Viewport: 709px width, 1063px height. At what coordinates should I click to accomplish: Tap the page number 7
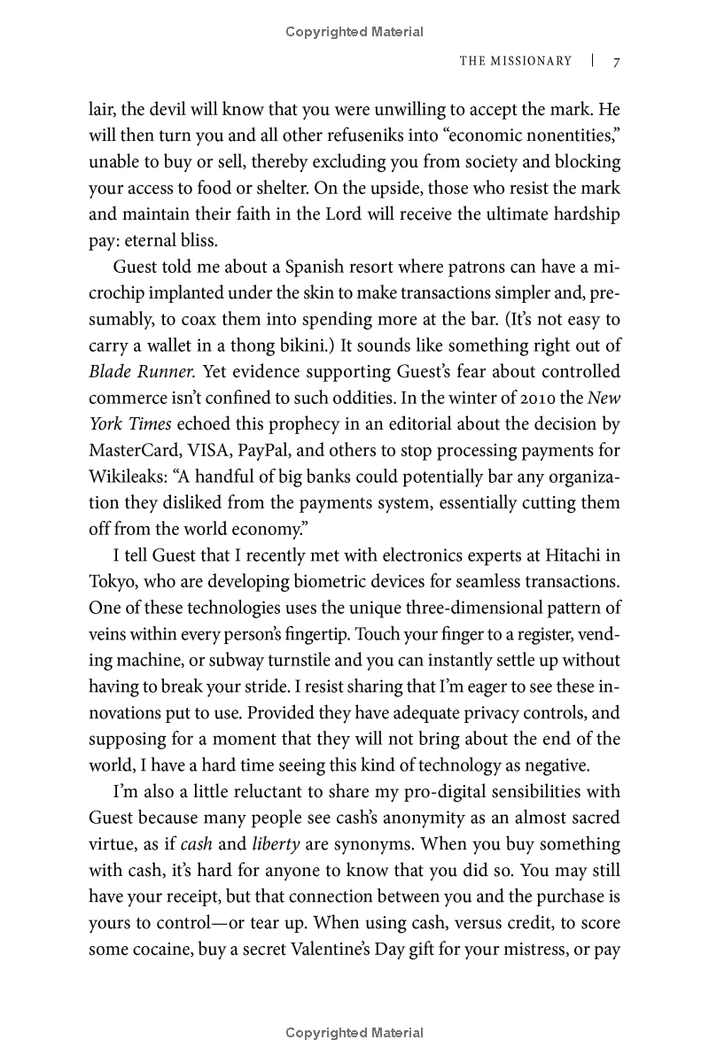pos(616,61)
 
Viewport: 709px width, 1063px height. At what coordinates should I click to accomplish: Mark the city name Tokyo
pos(112,582)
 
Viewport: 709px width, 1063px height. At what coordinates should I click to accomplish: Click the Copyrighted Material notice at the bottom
pos(354,1033)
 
